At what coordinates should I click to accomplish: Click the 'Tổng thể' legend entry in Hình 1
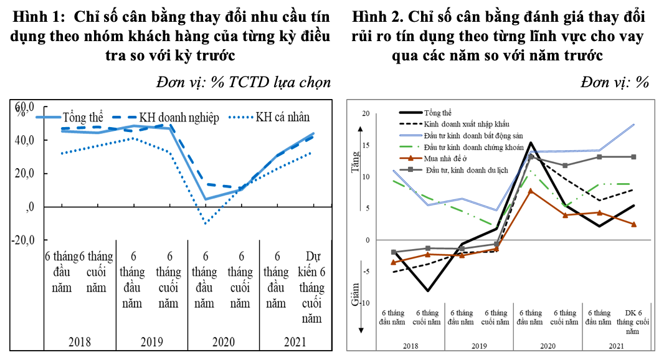(83, 118)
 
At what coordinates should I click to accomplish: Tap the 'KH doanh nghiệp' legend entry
(179, 118)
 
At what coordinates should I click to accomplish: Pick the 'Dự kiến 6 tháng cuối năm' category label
(311, 288)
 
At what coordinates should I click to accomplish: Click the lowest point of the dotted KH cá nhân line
(205, 222)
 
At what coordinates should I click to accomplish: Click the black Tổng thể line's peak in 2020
(530, 143)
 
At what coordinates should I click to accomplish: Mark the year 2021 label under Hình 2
(615, 346)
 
